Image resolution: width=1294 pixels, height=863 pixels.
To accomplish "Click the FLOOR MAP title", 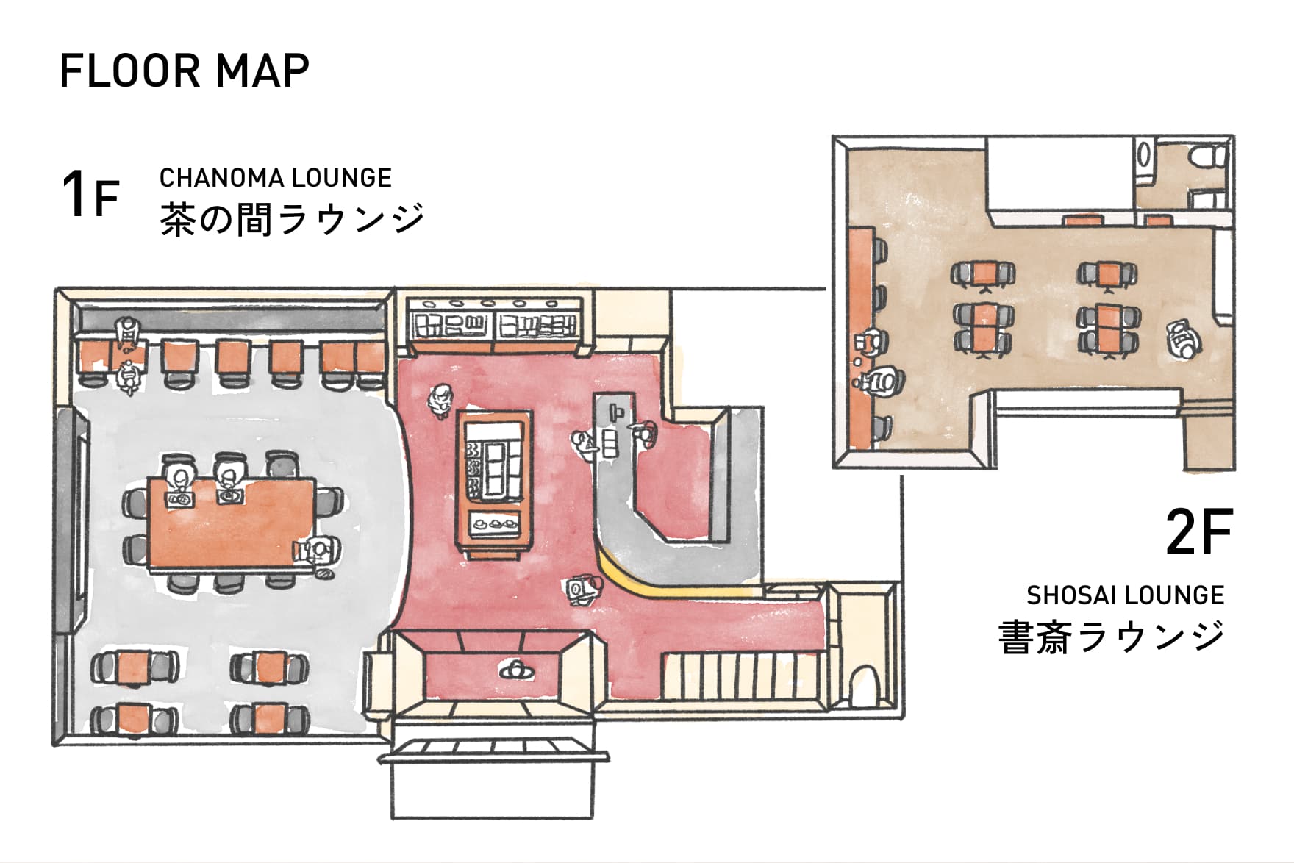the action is click(184, 71).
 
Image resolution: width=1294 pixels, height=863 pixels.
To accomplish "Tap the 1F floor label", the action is click(90, 194).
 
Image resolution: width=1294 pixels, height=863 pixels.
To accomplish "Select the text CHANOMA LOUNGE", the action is click(276, 178).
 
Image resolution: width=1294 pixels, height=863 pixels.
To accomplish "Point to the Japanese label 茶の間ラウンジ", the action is click(293, 219).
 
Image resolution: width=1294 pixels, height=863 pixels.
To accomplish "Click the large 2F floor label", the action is click(1198, 533).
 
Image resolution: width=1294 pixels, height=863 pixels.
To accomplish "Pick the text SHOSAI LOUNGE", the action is click(1126, 595).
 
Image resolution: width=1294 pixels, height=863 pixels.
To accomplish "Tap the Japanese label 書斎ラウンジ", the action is click(1112, 637).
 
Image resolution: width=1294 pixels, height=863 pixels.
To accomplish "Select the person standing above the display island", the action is click(440, 401).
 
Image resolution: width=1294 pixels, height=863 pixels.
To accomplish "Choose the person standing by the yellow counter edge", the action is click(585, 588).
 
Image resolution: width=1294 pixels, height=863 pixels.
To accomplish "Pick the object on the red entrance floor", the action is click(517, 670).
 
